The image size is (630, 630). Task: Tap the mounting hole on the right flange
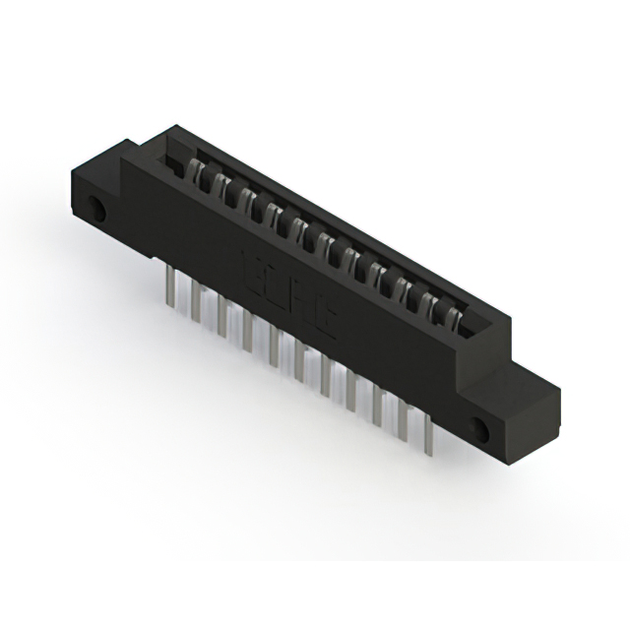481,429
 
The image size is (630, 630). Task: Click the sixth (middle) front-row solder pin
299,361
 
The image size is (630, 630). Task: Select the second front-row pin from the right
402,421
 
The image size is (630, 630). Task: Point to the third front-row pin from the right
376,407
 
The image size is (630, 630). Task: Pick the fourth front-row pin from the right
350,392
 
